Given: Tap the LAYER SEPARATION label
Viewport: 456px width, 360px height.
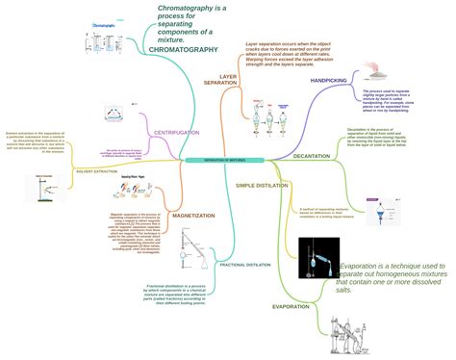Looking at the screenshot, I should point(227,80).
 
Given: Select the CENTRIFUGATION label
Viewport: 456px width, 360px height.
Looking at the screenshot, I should point(177,132).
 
